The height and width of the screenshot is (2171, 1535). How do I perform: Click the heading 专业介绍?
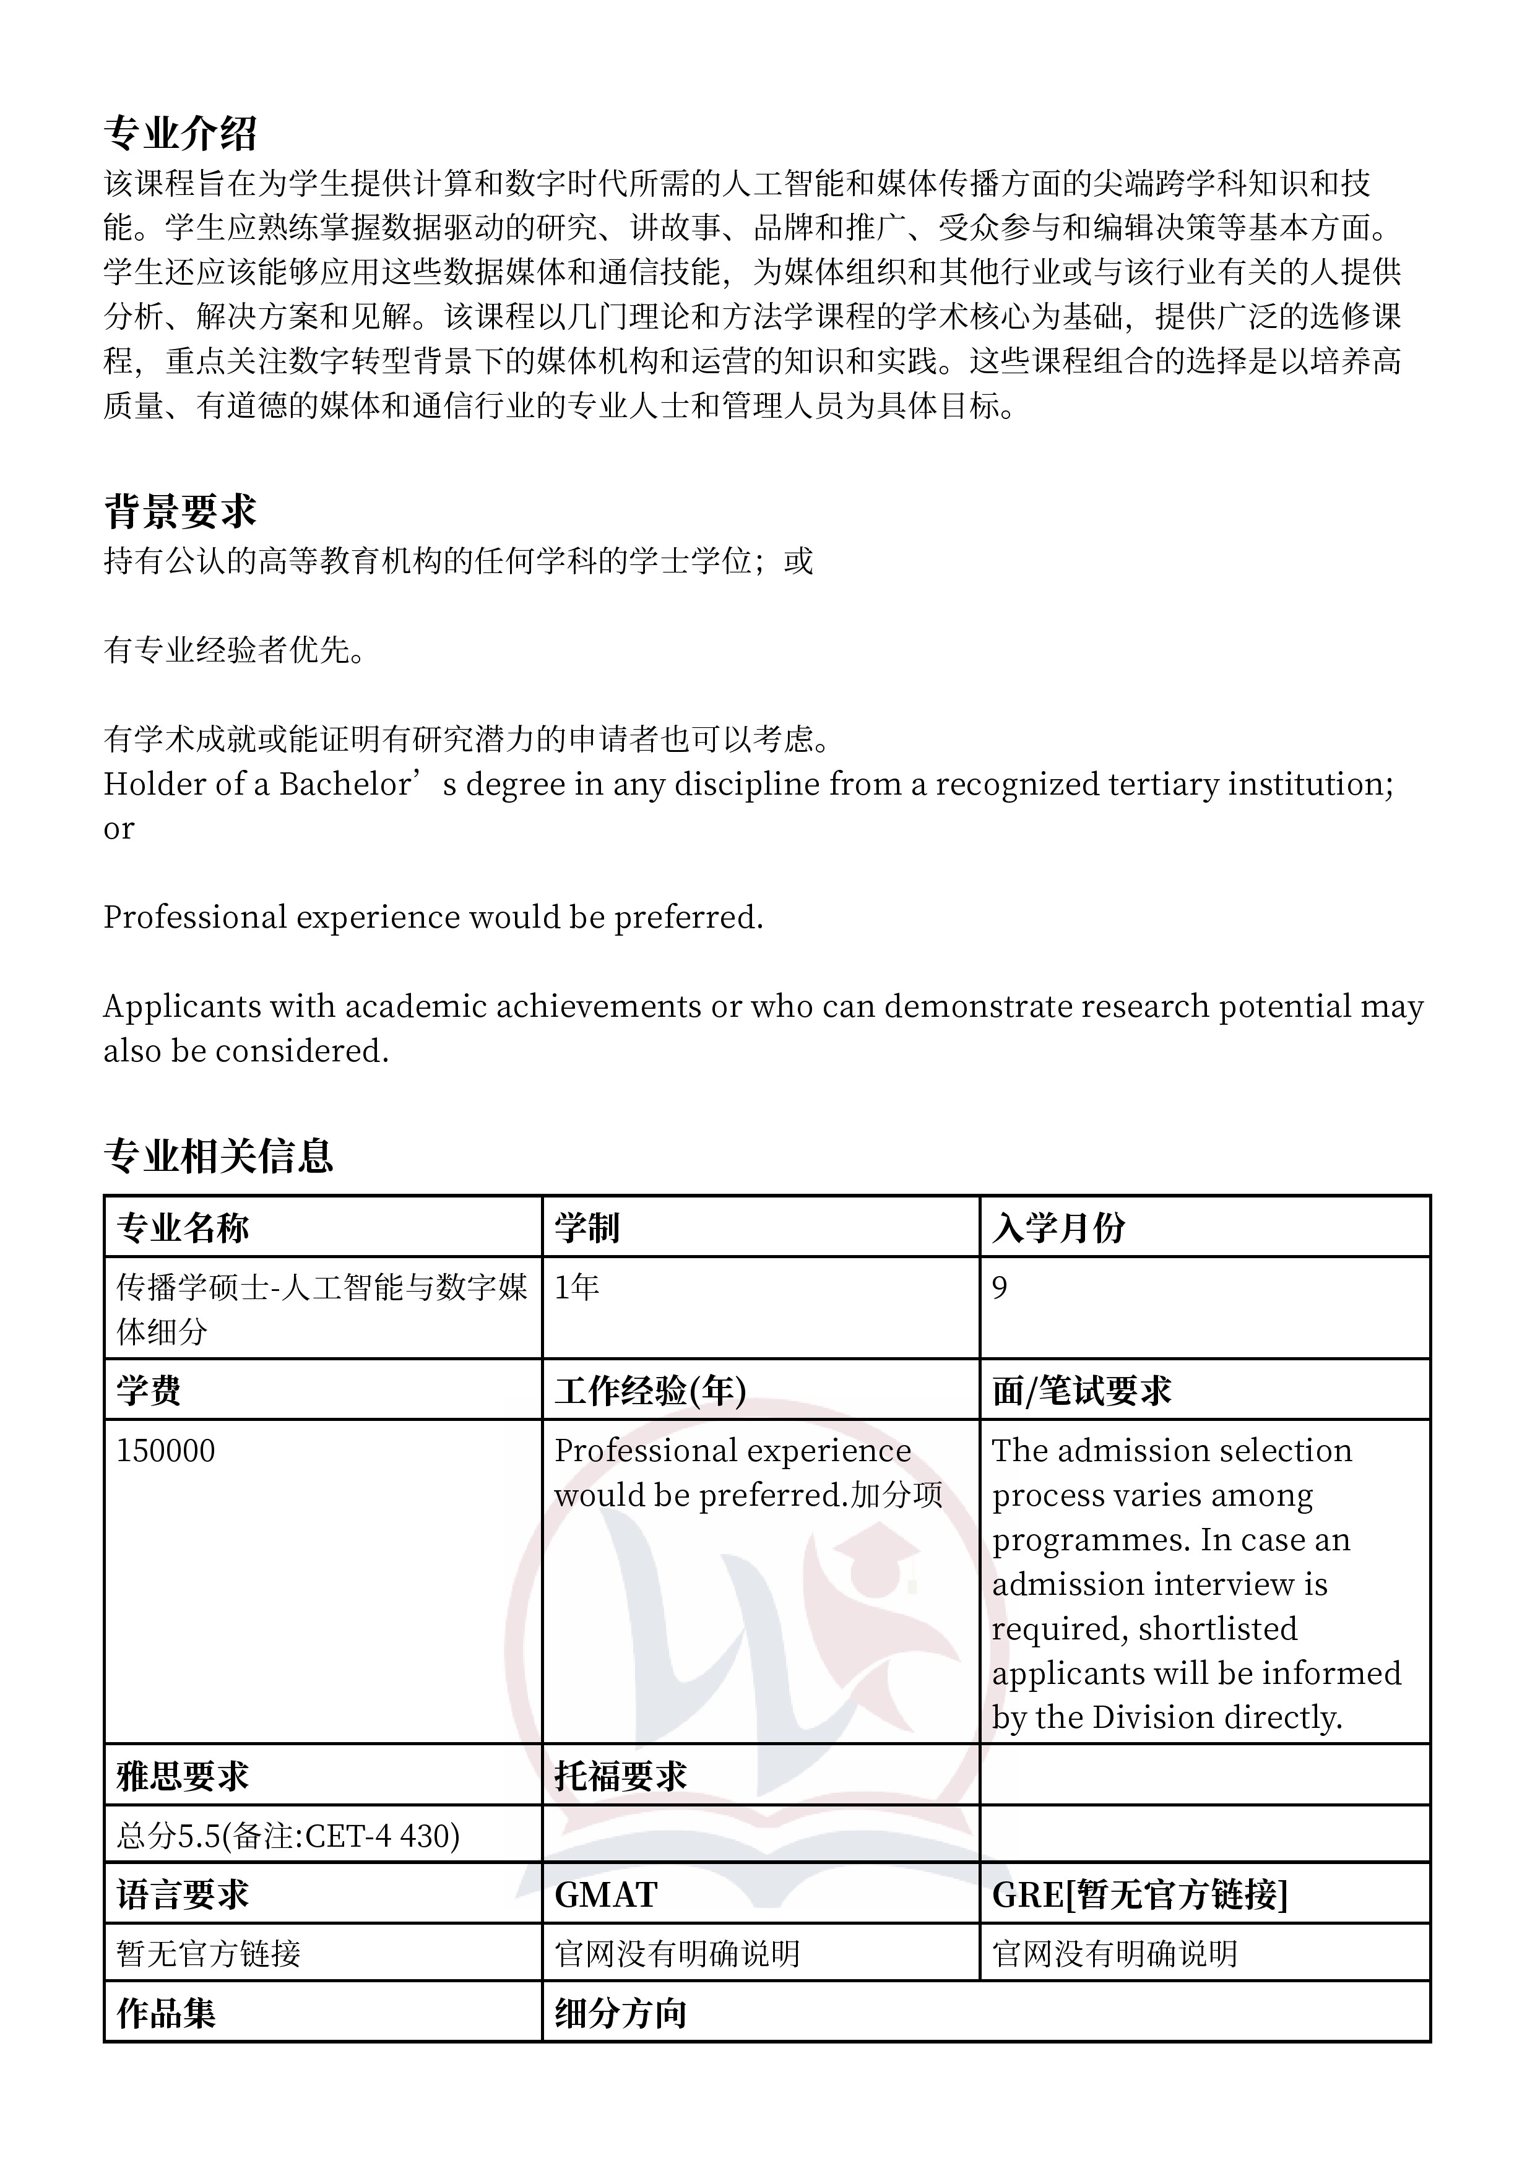click(x=179, y=134)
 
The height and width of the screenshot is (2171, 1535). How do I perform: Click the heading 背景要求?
click(x=179, y=512)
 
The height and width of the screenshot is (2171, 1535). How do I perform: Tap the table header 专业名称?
click(x=183, y=1227)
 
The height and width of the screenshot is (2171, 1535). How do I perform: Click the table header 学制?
click(x=586, y=1227)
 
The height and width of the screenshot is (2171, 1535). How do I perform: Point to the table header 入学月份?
click(x=1058, y=1227)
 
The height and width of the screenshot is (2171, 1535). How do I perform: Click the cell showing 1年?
click(x=577, y=1287)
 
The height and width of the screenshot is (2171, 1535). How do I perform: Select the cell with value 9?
click(x=1000, y=1287)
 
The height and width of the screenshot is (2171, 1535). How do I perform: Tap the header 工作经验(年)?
click(x=650, y=1390)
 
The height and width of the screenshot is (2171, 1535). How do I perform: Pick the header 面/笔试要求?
click(x=1081, y=1390)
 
